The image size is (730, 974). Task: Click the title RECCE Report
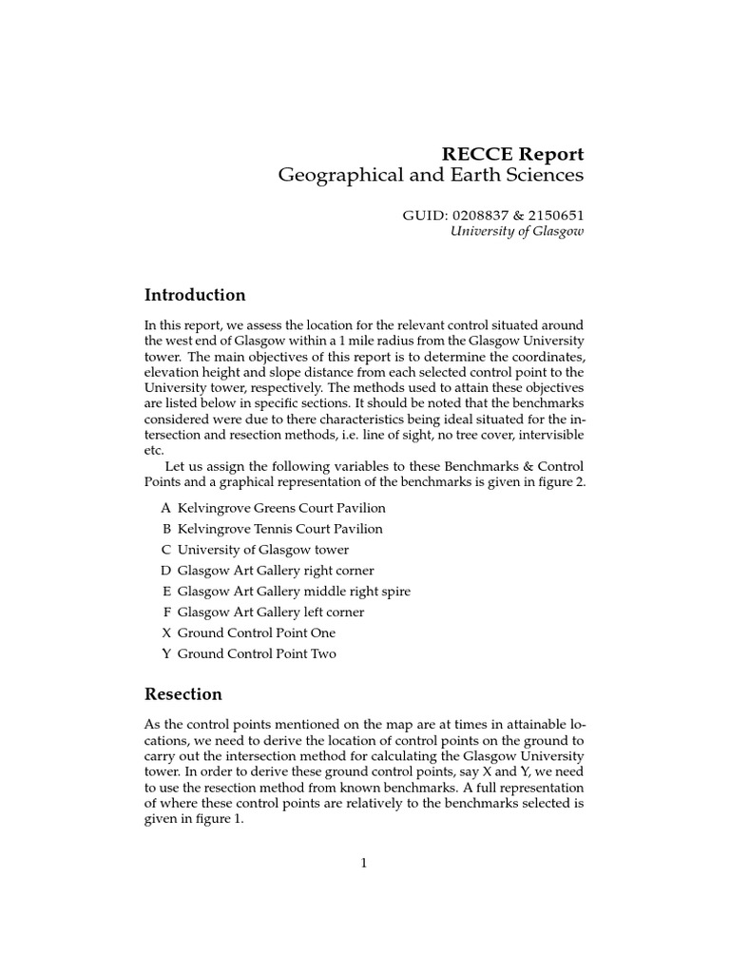click(511, 153)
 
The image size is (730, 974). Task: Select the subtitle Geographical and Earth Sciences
click(430, 176)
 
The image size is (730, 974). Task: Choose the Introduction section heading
click(195, 295)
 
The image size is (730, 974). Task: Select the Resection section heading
click(183, 694)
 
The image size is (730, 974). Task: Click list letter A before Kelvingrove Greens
click(166, 508)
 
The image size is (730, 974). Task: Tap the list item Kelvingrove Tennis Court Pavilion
click(279, 529)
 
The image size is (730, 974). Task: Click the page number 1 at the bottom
click(364, 863)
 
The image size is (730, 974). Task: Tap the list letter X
click(166, 633)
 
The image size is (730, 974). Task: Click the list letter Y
click(166, 654)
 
